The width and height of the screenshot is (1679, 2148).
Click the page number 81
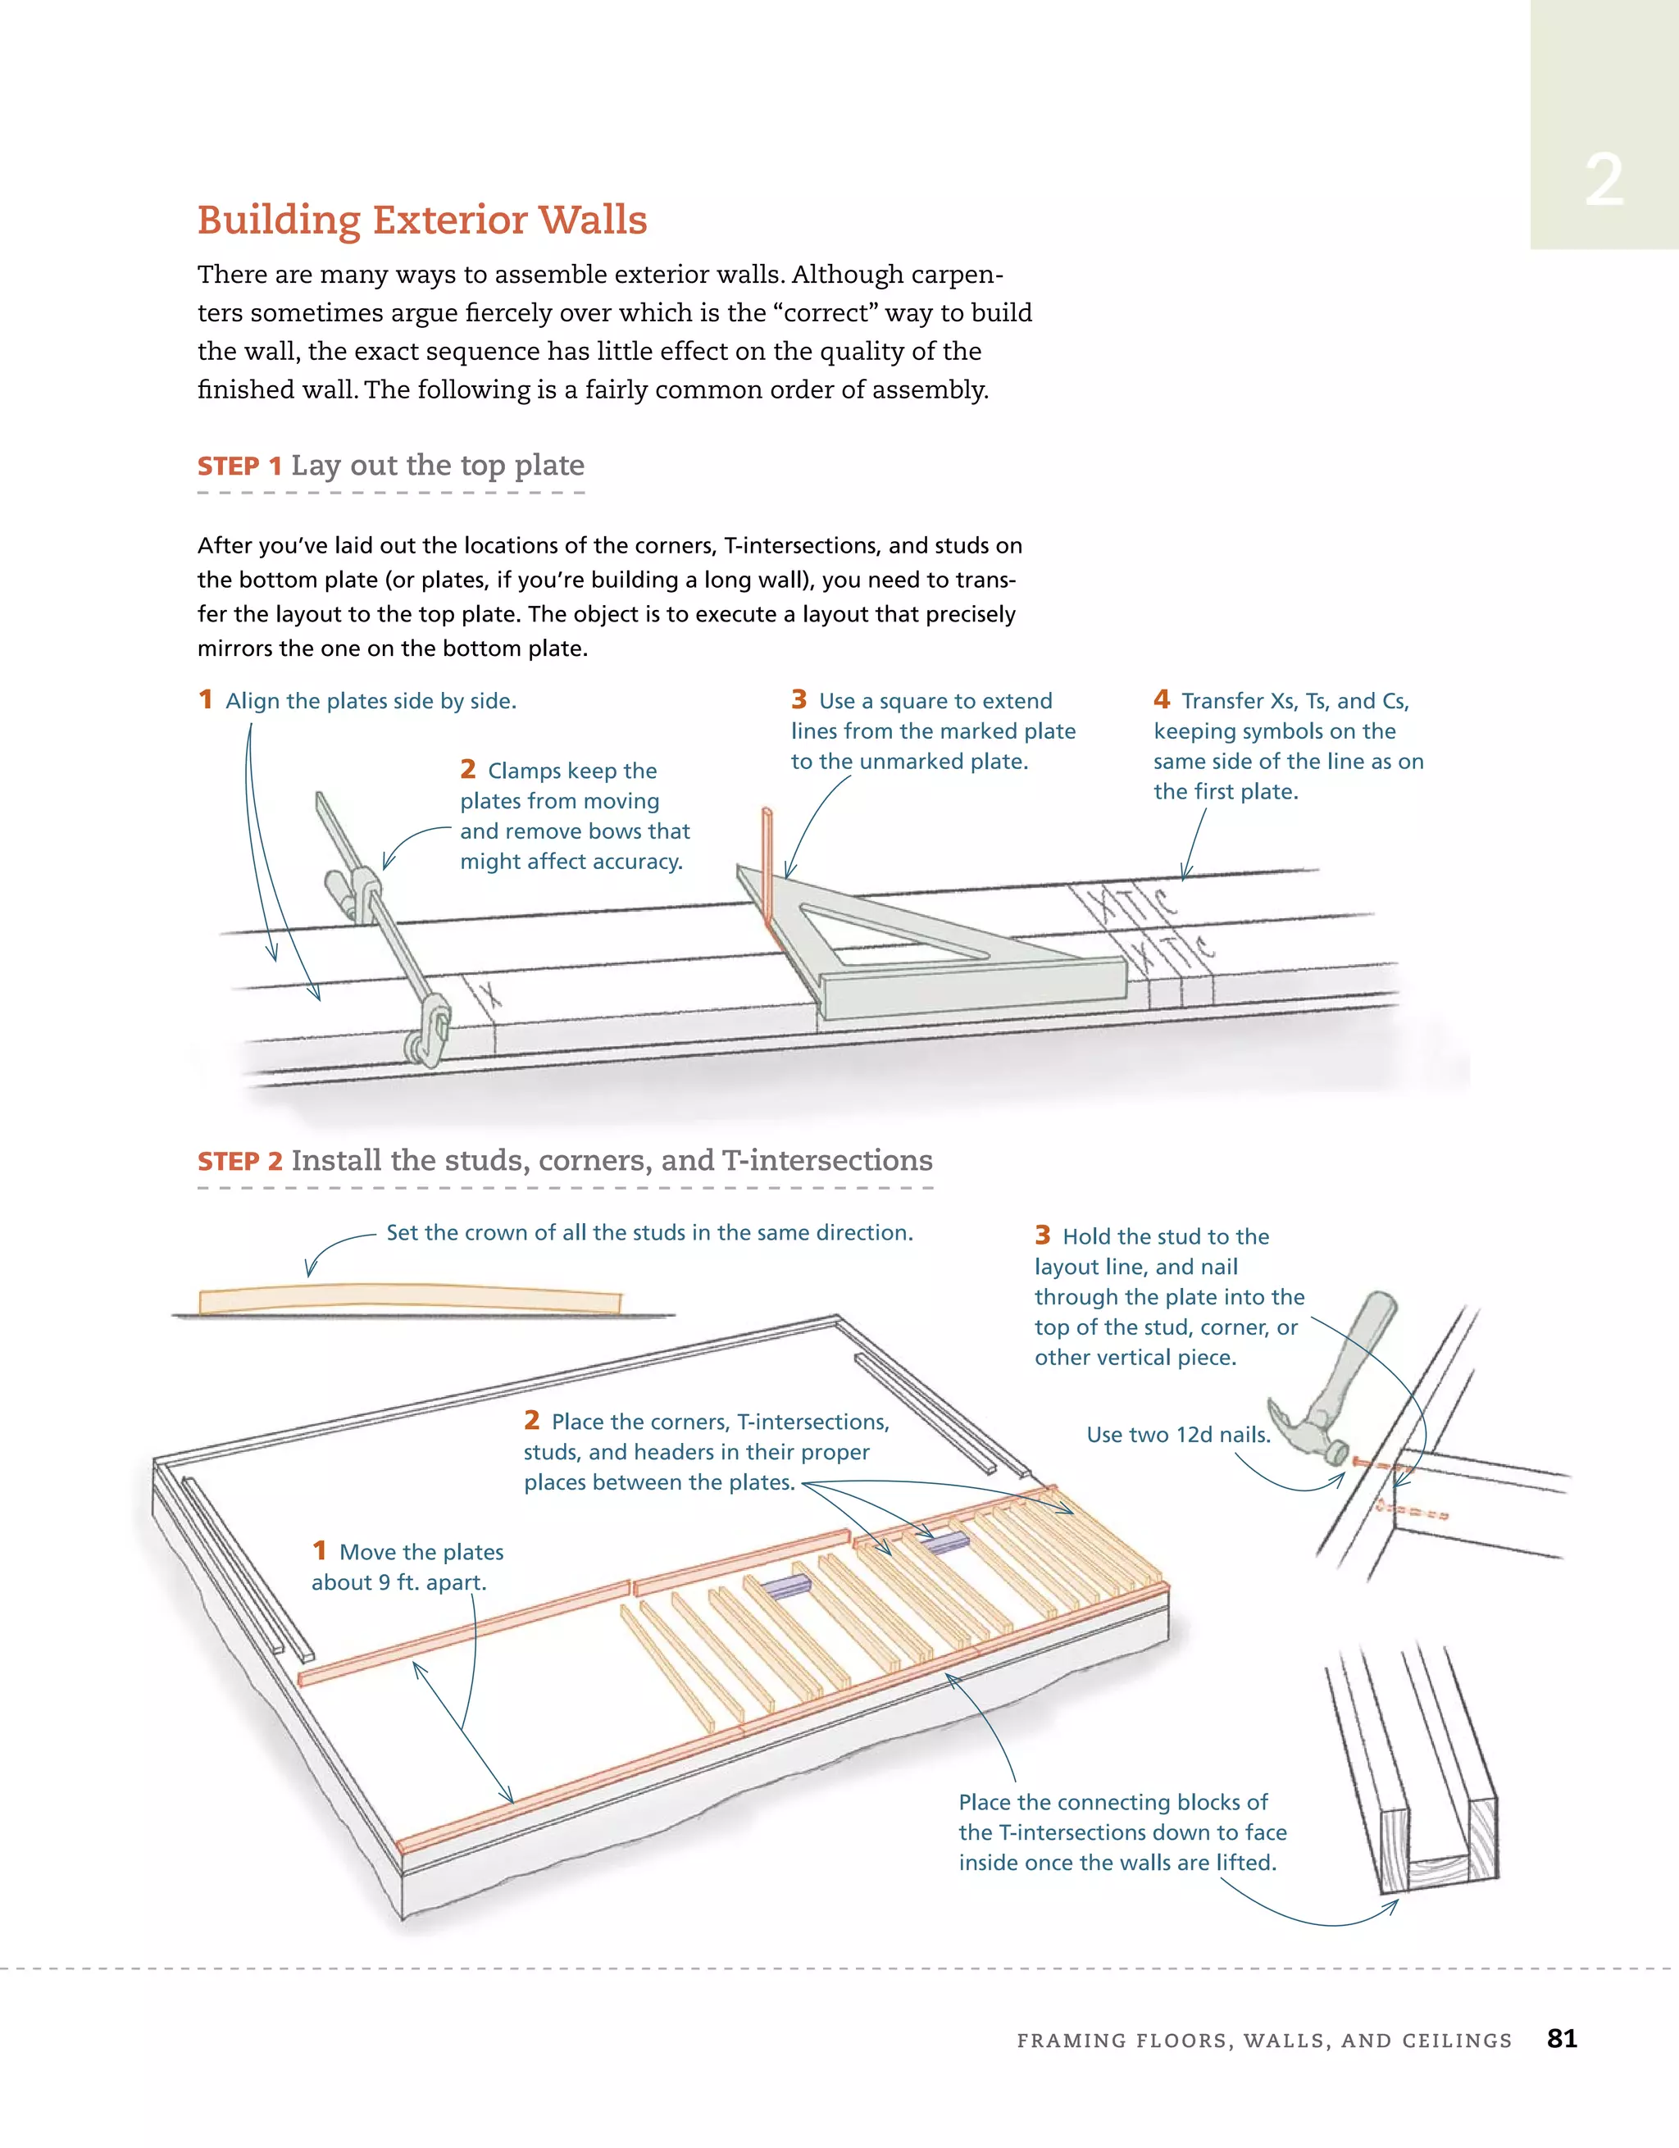[1561, 2038]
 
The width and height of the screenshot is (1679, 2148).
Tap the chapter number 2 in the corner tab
[1604, 180]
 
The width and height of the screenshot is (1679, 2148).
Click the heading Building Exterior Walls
[422, 220]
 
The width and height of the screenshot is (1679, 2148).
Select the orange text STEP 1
[239, 466]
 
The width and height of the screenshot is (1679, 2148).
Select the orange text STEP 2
[239, 1162]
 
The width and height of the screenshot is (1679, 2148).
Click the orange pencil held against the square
[767, 866]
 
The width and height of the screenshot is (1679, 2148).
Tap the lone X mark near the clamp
[489, 994]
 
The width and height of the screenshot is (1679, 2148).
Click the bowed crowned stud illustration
[410, 1299]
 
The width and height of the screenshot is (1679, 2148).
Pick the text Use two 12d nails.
[1177, 1434]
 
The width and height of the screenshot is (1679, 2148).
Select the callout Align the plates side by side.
[370, 701]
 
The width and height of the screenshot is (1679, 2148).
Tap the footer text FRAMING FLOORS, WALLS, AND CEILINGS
[1263, 2040]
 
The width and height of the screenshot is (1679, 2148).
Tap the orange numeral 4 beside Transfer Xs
[1162, 699]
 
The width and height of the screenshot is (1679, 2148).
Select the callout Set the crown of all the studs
[649, 1232]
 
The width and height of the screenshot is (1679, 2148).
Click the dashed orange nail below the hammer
[1413, 1512]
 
